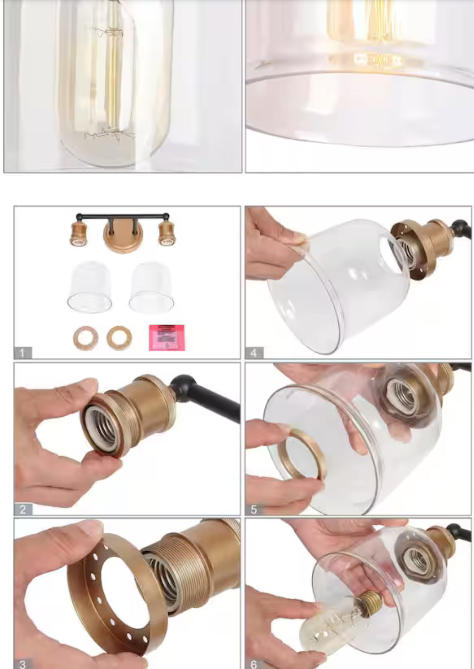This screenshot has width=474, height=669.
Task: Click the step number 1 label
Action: [23, 353]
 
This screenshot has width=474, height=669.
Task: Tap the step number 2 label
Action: [23, 509]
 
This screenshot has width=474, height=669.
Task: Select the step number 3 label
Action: [23, 664]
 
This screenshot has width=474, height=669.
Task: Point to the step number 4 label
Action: [254, 353]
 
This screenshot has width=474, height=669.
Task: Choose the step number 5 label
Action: [254, 509]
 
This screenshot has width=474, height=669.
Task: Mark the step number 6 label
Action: [254, 664]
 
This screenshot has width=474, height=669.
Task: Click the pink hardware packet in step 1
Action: [167, 337]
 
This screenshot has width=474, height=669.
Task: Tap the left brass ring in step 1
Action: [86, 338]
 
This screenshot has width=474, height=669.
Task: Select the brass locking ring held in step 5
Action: [302, 454]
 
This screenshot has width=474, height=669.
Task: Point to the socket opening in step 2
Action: [102, 430]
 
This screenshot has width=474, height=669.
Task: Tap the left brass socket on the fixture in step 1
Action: [78, 234]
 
